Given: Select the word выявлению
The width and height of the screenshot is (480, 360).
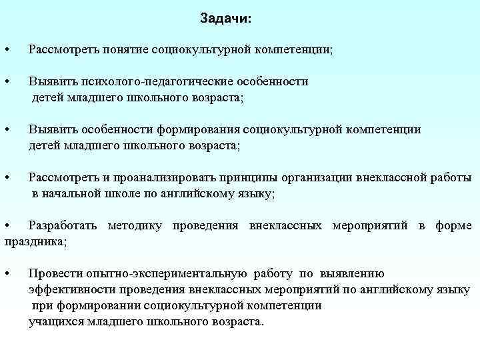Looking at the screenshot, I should click(x=352, y=273).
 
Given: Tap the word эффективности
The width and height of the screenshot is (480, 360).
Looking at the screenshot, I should click(x=72, y=289).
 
